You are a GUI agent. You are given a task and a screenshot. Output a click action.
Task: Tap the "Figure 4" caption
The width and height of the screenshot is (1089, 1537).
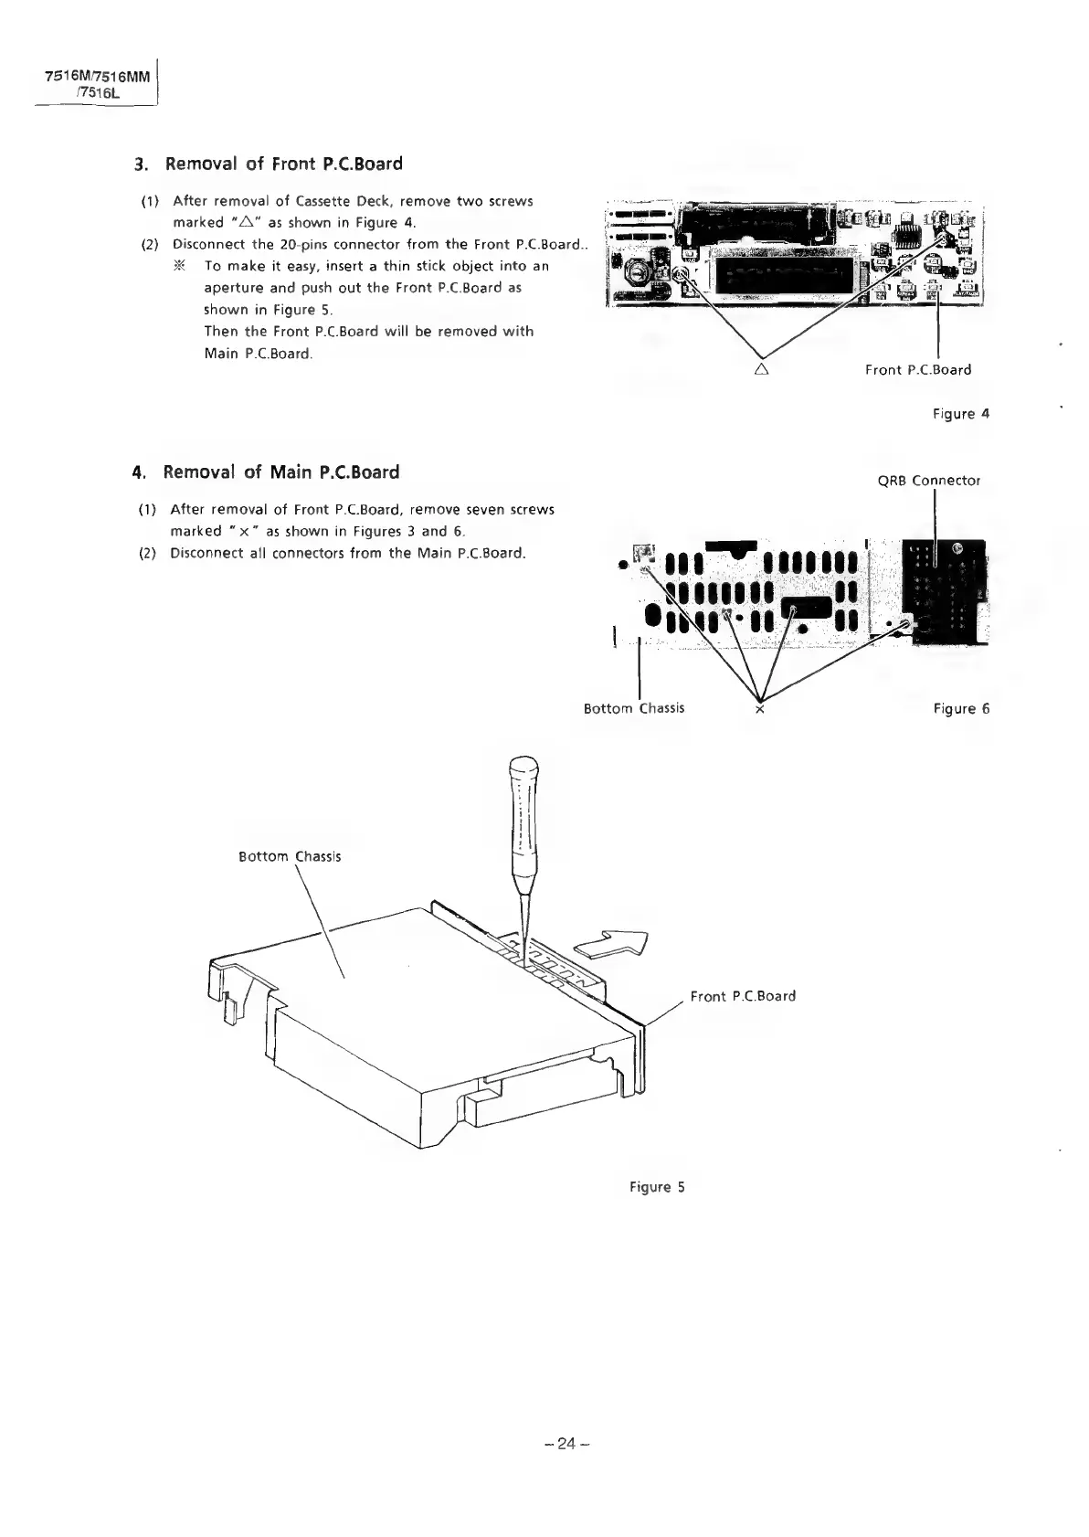pyautogui.click(x=960, y=414)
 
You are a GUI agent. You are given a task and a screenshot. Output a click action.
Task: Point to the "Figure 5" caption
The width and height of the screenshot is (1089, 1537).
pyautogui.click(x=657, y=1187)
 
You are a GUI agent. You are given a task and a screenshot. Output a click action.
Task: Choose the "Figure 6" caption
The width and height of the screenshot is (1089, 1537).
pyautogui.click(x=961, y=709)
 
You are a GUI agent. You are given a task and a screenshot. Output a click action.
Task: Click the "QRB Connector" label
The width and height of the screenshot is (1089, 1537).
pyautogui.click(x=928, y=481)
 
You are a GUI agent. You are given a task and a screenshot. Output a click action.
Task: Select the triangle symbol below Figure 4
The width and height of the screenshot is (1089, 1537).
pyautogui.click(x=761, y=370)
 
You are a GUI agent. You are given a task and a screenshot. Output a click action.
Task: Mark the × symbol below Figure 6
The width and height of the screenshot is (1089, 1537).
pyautogui.click(x=760, y=710)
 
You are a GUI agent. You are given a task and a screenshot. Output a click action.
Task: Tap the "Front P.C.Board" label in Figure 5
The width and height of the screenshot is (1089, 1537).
pyautogui.click(x=743, y=996)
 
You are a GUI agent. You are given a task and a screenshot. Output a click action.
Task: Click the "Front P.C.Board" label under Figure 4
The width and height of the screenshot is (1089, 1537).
pyautogui.click(x=917, y=370)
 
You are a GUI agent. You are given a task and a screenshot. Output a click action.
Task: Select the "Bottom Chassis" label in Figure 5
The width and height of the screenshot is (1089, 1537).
pyautogui.click(x=290, y=857)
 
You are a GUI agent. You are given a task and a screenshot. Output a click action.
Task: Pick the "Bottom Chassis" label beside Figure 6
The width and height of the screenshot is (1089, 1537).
pyautogui.click(x=633, y=708)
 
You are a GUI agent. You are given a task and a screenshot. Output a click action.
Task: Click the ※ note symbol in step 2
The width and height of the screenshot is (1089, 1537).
pyautogui.click(x=179, y=266)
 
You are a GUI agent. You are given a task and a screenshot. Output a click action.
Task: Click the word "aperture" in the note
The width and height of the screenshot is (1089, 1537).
pyautogui.click(x=230, y=288)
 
